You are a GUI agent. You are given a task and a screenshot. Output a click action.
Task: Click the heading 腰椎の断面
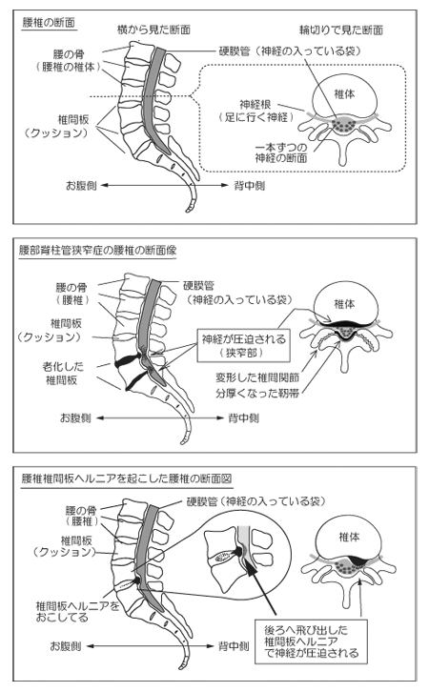pyautogui.click(x=49, y=23)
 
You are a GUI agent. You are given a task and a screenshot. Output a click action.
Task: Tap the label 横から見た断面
pyautogui.click(x=153, y=30)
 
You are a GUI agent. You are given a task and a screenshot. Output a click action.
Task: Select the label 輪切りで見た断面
pyautogui.click(x=340, y=30)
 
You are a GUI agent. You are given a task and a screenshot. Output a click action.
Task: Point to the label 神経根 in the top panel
pyautogui.click(x=255, y=105)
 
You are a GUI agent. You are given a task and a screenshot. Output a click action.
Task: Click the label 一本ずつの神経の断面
pyautogui.click(x=281, y=153)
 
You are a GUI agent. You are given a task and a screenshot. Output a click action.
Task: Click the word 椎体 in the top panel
pyautogui.click(x=344, y=94)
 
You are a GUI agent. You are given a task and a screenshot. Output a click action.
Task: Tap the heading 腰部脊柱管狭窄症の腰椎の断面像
pyautogui.click(x=97, y=251)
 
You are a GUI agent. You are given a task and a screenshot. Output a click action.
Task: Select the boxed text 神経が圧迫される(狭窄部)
pyautogui.click(x=244, y=346)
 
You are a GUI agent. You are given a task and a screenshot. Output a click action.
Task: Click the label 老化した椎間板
pyautogui.click(x=62, y=373)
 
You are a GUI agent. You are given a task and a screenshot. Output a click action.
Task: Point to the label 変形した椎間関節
pyautogui.click(x=257, y=377)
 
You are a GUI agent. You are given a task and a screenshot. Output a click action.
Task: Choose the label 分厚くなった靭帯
pyautogui.click(x=257, y=393)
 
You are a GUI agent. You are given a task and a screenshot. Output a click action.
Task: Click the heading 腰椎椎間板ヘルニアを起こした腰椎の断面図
pyautogui.click(x=127, y=478)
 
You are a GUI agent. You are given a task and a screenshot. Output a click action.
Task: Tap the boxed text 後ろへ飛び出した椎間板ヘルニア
pyautogui.click(x=305, y=636)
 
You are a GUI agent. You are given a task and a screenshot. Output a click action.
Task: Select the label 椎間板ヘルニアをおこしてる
pyautogui.click(x=77, y=611)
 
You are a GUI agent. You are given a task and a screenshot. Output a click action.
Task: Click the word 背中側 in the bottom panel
pyautogui.click(x=234, y=646)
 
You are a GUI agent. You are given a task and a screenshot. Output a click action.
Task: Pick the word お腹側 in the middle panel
pyautogui.click(x=75, y=417)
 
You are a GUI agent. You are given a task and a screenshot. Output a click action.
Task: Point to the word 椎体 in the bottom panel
pyautogui.click(x=349, y=537)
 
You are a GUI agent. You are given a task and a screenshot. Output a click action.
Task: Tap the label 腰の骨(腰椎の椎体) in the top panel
pyautogui.click(x=69, y=61)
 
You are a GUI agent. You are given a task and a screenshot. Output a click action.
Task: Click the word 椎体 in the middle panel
pyautogui.click(x=344, y=304)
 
